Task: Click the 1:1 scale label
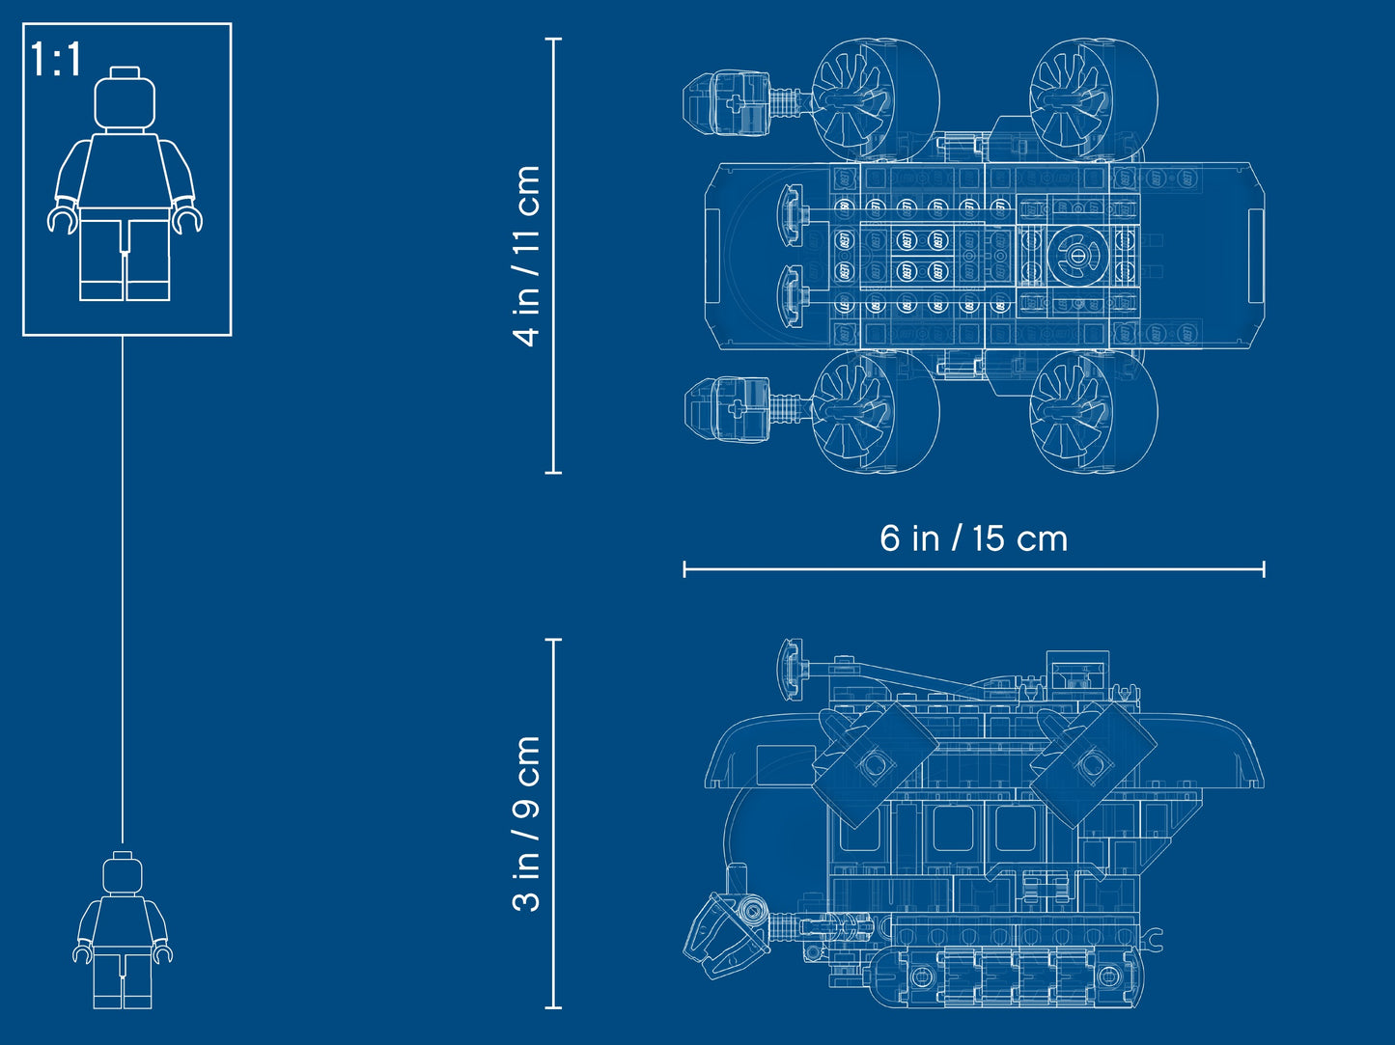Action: click(56, 60)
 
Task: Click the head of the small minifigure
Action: click(123, 873)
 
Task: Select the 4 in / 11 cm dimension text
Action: click(527, 256)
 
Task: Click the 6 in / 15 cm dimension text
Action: click(973, 538)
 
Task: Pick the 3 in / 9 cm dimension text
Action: click(527, 823)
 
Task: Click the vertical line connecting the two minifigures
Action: click(123, 589)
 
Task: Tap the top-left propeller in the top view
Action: click(875, 98)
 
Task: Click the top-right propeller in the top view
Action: click(1094, 98)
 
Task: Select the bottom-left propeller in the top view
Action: click(875, 411)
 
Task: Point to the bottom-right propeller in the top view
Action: click(1094, 411)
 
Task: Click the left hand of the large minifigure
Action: click(63, 219)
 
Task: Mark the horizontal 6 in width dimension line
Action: click(973, 569)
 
